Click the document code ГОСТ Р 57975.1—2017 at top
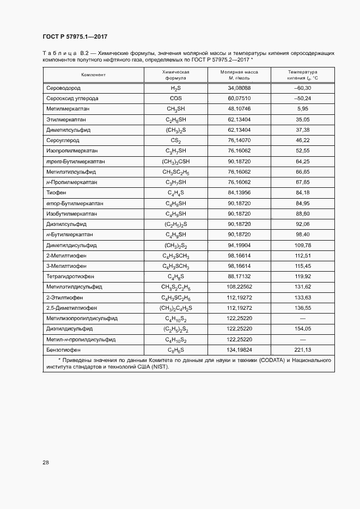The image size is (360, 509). (75, 36)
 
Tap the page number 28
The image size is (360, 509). (46, 462)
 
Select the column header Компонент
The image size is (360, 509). (93, 75)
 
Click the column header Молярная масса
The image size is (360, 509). (239, 75)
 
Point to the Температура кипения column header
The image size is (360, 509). (302, 75)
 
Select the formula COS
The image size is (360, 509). (175, 99)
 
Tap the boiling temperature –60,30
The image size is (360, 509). (302, 88)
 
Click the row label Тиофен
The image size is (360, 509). (57, 193)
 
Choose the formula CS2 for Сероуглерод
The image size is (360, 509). (175, 140)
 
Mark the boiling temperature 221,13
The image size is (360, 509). (302, 350)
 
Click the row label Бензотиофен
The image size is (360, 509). (63, 350)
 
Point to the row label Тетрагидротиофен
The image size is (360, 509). (71, 277)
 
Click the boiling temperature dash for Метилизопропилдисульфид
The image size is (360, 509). (302, 318)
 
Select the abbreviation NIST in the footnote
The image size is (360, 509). (159, 367)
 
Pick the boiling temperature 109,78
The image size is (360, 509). (302, 245)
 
